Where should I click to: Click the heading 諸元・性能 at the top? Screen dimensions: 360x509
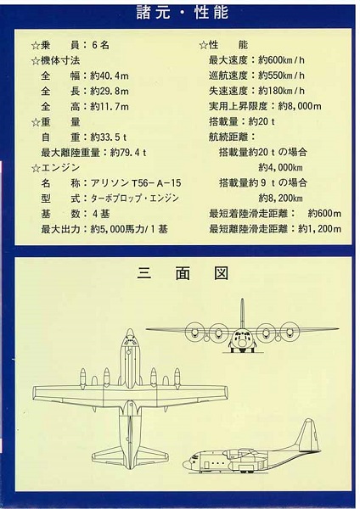[x=183, y=13]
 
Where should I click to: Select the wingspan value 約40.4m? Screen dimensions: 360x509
[x=110, y=76]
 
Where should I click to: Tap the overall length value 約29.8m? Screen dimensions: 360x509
[x=110, y=92]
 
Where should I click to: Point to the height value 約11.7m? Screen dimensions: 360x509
[x=110, y=107]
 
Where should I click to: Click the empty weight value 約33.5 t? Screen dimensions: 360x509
[x=109, y=137]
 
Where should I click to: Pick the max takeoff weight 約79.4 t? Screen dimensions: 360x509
[x=128, y=153]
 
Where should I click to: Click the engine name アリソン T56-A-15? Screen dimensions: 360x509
[x=136, y=183]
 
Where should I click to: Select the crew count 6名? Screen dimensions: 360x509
[x=100, y=45]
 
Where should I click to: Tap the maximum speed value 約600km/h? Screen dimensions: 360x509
[x=281, y=60]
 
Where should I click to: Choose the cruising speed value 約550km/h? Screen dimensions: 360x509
[x=281, y=76]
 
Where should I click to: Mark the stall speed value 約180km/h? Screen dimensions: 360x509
[x=281, y=91]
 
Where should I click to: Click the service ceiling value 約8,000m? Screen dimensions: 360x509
[x=300, y=106]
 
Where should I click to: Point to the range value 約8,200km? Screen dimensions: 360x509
[x=280, y=198]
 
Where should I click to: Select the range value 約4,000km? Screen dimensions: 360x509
[x=280, y=167]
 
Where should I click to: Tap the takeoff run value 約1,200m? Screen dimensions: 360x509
[x=320, y=229]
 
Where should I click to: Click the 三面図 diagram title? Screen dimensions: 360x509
[x=183, y=273]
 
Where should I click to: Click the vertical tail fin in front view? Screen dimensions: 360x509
[x=242, y=314]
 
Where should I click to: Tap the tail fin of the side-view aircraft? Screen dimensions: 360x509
[x=307, y=434]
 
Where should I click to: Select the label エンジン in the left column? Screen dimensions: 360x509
[x=60, y=168]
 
